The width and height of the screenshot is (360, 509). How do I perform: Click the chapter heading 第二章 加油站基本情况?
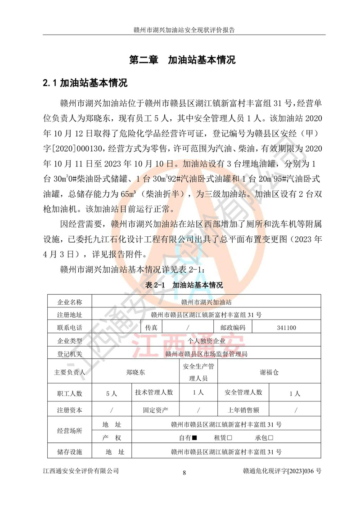click(182, 60)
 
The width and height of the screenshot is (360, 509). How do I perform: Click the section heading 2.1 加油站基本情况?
click(85, 83)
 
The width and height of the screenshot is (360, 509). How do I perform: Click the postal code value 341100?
click(287, 328)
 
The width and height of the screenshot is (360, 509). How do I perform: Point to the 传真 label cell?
click(151, 328)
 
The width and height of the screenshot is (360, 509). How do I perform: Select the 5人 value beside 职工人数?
click(111, 393)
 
